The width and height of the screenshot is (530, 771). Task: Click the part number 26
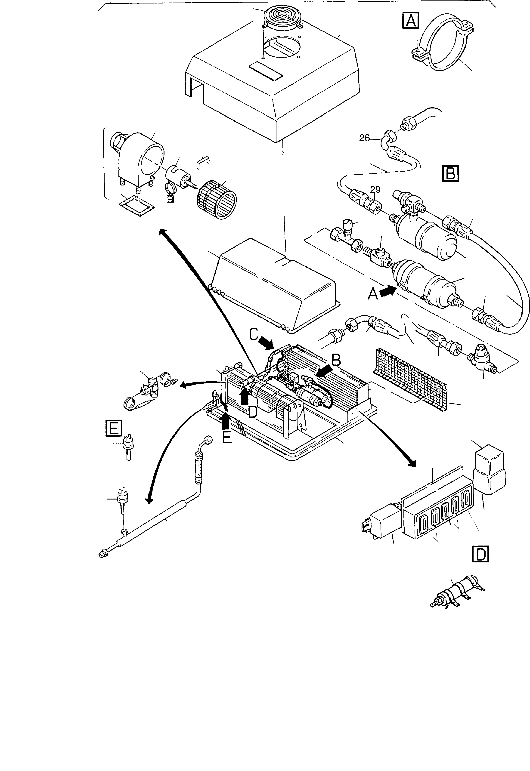364,138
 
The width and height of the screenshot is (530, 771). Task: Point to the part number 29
375,190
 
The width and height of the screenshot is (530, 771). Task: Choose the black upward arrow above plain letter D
245,397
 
